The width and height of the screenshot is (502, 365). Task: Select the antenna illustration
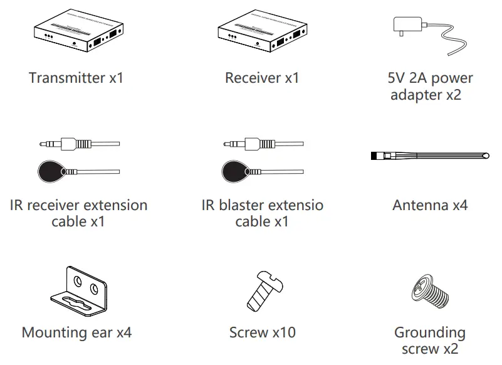point(429,154)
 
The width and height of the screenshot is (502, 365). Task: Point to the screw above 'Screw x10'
point(262,290)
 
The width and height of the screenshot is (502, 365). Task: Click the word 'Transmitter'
point(66,78)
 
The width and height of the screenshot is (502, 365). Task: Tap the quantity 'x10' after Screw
point(283,332)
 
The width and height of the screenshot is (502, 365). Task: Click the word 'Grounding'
point(429,332)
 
